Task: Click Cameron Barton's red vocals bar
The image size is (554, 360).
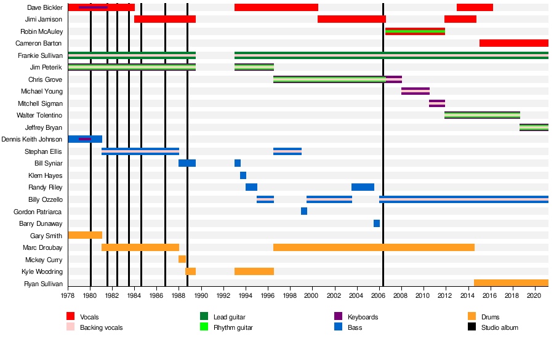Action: click(x=513, y=43)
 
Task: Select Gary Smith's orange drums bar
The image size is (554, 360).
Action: click(x=85, y=235)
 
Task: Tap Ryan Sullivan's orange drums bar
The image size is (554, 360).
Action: click(x=511, y=283)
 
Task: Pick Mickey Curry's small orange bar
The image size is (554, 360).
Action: click(x=182, y=259)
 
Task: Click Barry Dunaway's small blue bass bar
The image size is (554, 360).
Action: click(x=377, y=223)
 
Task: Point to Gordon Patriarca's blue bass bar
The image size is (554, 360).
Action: click(x=304, y=211)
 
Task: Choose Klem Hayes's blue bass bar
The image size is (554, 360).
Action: click(x=243, y=175)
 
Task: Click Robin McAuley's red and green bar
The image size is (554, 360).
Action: click(x=415, y=31)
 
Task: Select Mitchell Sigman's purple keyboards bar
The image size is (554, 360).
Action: click(x=437, y=103)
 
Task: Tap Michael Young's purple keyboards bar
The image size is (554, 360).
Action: click(x=415, y=91)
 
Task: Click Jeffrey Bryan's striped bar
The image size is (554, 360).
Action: click(x=534, y=127)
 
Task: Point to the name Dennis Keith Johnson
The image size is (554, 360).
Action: click(x=32, y=139)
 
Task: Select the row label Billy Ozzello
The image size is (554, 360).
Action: click(x=46, y=199)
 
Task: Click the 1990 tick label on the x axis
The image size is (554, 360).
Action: click(x=201, y=295)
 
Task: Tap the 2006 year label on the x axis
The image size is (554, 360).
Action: click(x=379, y=295)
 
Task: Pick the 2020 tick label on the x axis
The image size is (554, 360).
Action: click(x=534, y=295)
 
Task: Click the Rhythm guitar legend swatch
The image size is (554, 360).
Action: click(x=204, y=327)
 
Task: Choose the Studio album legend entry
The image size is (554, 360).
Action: click(x=499, y=327)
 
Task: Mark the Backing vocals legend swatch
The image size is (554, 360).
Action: click(x=71, y=327)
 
